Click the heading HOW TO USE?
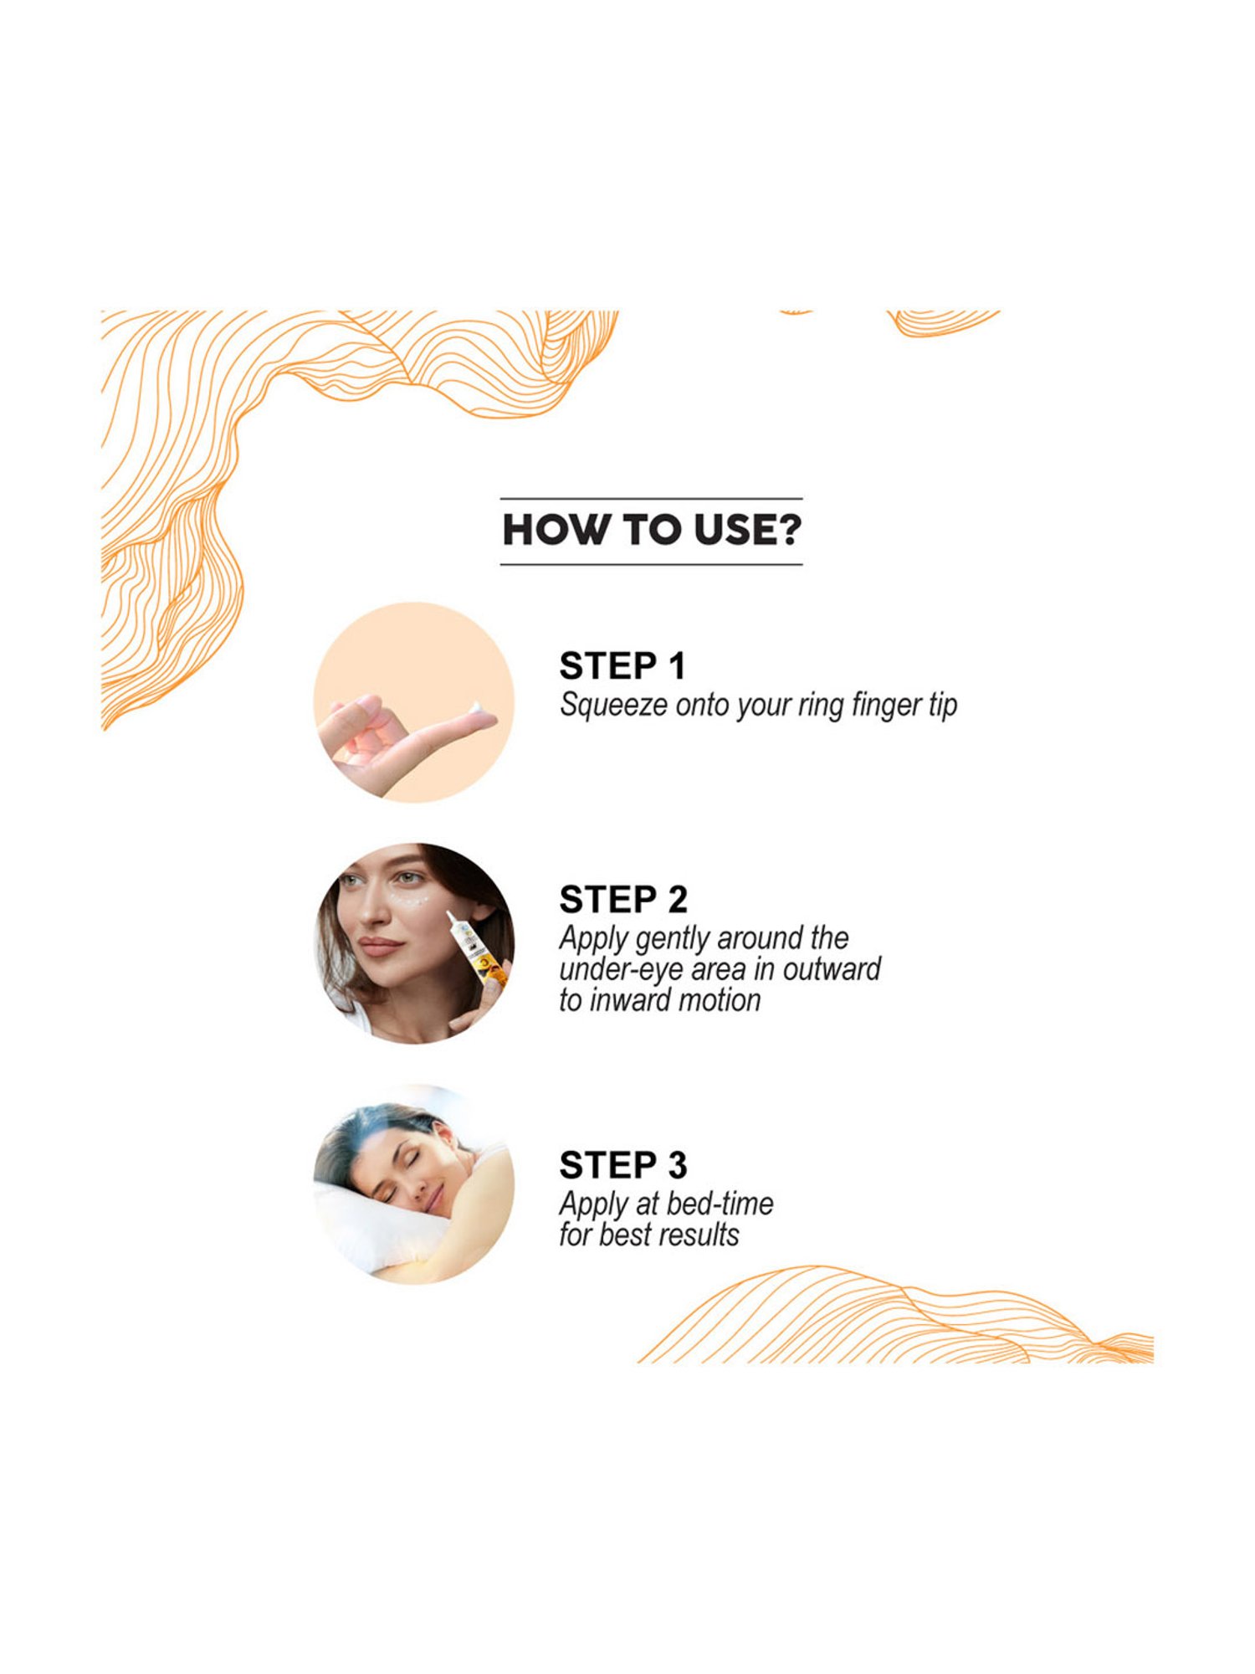click(x=652, y=530)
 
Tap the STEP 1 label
click(x=622, y=666)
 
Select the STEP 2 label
click(x=623, y=900)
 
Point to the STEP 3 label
click(x=623, y=1165)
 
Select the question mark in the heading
click(x=788, y=530)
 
